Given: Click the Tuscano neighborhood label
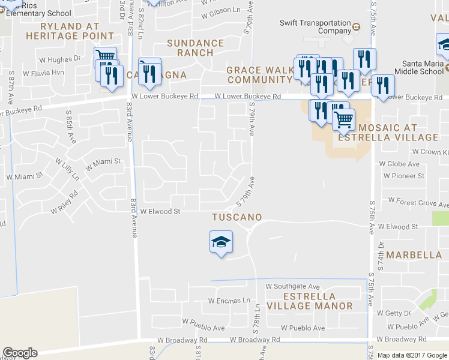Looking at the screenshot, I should (x=237, y=216).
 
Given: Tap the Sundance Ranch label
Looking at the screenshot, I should (x=195, y=48).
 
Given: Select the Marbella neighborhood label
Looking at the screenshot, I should (x=414, y=254).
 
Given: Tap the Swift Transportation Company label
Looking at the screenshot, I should (x=315, y=26).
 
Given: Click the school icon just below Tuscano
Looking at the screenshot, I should (x=221, y=242).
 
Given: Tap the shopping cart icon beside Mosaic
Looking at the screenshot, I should (x=343, y=118).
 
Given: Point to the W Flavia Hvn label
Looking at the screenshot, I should (x=43, y=73).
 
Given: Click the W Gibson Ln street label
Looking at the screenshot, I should (x=220, y=10).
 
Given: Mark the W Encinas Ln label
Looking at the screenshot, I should (x=229, y=301).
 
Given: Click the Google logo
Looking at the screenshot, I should (x=20, y=353).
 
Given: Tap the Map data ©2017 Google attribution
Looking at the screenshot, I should (x=412, y=355).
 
